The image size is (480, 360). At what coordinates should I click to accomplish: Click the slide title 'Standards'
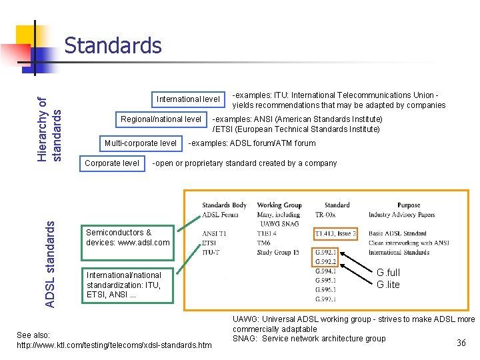coord(113,45)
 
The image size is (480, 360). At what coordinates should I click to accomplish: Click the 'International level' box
coord(188,99)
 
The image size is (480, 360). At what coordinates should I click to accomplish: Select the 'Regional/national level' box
coord(161,119)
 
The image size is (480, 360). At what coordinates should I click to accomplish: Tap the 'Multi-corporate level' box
coord(141,143)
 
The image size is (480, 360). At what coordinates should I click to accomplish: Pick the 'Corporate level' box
coord(112,163)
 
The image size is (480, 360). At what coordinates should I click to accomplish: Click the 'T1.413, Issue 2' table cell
coord(336,233)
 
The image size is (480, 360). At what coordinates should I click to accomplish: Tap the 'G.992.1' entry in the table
coord(327,253)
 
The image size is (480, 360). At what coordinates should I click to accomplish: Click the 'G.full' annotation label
coord(389,273)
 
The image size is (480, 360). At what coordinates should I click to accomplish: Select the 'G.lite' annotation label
coord(388,285)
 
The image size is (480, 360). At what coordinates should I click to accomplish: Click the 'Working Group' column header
coord(279,205)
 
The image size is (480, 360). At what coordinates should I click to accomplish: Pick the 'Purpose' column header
coord(408,205)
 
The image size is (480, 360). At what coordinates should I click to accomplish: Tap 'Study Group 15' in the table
coord(278,253)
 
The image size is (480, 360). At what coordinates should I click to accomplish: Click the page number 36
coord(461,343)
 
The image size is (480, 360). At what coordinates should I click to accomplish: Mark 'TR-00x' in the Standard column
coord(327,215)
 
